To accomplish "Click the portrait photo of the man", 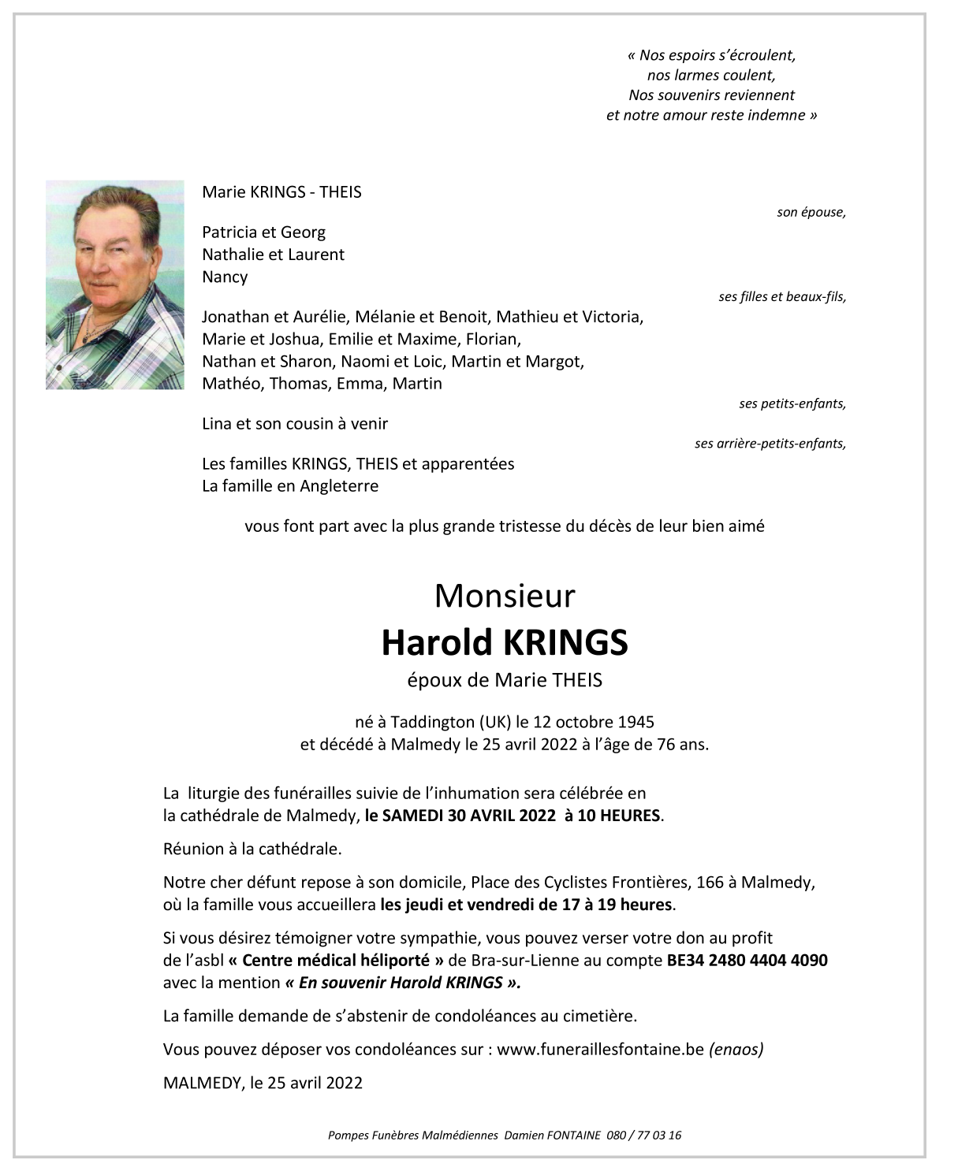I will click(114, 284).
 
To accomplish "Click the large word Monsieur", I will click(505, 596).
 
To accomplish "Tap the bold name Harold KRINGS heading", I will click(505, 642).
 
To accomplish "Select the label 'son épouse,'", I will click(811, 212).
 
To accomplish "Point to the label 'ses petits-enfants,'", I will click(792, 403).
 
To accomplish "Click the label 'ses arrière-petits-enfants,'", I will click(770, 444).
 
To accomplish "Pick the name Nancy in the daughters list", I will click(225, 277).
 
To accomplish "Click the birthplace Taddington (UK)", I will click(442, 721).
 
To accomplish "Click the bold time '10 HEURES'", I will click(619, 816).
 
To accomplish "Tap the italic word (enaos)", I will click(736, 1049).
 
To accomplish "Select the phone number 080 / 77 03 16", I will click(644, 1136).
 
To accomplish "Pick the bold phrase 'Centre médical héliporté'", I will click(339, 960).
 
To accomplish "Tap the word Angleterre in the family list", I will click(339, 485).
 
